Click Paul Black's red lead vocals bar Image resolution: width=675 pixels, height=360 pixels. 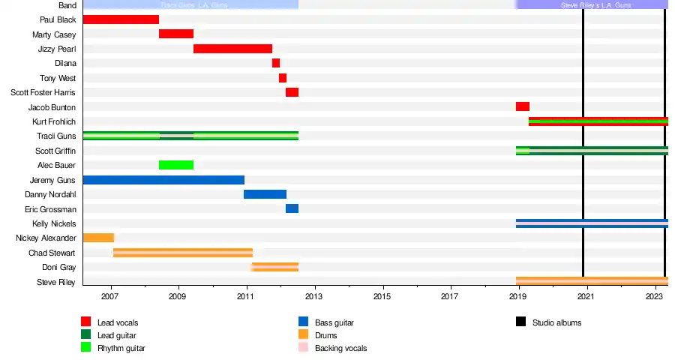[121, 19]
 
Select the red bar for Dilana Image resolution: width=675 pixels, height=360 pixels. [276, 63]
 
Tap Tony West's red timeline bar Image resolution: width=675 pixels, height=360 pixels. [283, 78]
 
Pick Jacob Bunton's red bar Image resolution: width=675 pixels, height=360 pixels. [523, 106]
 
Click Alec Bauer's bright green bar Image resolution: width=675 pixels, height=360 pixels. [176, 165]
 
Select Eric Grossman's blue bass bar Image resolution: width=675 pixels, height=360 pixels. [292, 208]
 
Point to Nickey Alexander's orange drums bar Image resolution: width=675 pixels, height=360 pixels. [98, 238]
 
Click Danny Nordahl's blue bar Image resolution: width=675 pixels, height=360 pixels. [265, 194]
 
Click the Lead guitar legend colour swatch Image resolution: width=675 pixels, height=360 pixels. [86, 335]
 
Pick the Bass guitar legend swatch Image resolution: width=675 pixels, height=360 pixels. [304, 322]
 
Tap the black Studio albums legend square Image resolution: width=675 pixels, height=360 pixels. [521, 322]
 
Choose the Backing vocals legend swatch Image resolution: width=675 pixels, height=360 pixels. [304, 348]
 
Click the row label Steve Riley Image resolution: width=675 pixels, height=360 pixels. [56, 282]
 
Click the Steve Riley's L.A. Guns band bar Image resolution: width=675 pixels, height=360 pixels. [592, 4]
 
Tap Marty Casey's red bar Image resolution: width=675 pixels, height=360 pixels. [176, 34]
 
